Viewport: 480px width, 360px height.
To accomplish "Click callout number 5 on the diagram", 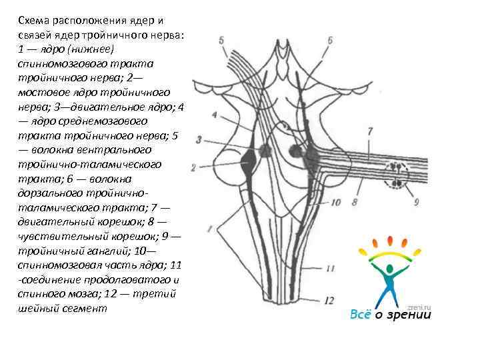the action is pos(221,41).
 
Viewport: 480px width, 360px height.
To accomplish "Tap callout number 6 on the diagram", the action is pos(331,41).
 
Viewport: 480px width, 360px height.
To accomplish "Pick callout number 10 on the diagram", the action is pos(335,201).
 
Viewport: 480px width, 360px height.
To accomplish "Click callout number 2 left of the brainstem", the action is pos(193,167).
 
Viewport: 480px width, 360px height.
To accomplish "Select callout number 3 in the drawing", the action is pos(199,139).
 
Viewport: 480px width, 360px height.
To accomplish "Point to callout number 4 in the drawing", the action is pos(214,115).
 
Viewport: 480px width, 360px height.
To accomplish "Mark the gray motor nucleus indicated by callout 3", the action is pos(265,151).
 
